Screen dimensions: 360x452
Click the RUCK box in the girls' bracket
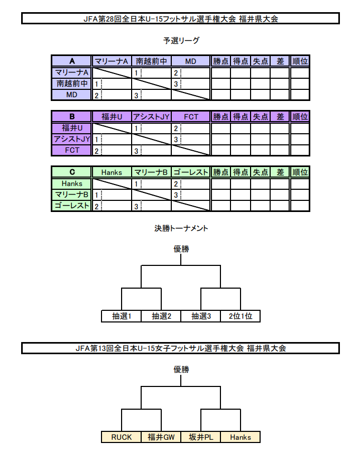(122, 437)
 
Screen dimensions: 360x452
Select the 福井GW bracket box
(161, 437)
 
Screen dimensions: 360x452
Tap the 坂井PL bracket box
(200, 437)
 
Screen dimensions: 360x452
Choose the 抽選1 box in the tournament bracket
(122, 316)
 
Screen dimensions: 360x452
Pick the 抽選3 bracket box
(200, 316)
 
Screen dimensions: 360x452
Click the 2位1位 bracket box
(241, 316)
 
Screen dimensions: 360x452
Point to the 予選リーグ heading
(181, 41)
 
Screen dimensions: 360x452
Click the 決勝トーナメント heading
(181, 228)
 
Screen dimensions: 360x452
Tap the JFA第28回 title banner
(180, 19)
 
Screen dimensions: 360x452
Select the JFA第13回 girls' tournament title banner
(180, 348)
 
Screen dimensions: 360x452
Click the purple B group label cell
(72, 116)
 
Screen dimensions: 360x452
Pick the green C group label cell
(72, 172)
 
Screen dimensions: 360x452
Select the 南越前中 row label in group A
(72, 84)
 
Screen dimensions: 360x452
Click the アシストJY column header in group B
(151, 116)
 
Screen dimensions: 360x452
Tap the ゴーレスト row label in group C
(72, 206)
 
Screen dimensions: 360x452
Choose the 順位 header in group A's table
(300, 61)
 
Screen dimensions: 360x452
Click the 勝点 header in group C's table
(221, 172)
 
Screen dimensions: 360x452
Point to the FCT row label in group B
(72, 150)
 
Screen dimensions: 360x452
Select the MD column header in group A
(190, 61)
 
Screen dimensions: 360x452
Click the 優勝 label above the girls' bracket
(181, 370)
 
